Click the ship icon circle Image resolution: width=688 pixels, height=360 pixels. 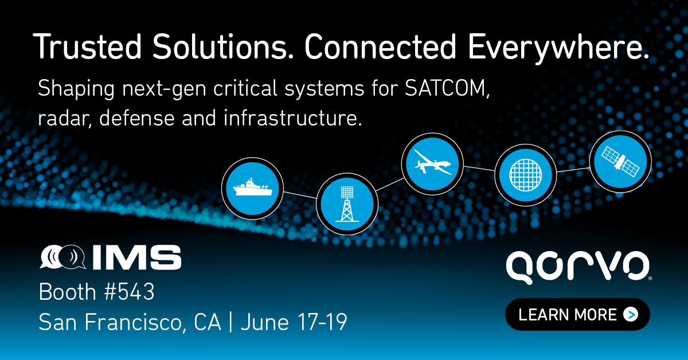252,188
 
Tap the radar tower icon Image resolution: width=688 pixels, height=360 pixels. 347,204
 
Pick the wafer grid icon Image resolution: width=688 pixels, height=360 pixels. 526,175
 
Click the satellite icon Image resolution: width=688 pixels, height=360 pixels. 620,162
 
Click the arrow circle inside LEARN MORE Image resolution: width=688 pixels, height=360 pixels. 631,315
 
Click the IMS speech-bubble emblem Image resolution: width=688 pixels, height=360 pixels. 62,257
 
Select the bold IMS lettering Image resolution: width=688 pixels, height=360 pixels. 137,257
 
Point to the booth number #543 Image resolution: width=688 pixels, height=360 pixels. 130,292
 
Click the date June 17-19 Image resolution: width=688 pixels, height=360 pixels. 294,322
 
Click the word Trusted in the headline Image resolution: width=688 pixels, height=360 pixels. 87,46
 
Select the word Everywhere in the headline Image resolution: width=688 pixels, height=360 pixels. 558,49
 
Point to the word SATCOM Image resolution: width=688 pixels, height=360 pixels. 447,88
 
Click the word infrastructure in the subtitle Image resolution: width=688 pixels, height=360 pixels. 293,118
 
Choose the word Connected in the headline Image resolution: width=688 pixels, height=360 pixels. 380,46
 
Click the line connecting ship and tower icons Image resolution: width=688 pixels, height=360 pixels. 300,195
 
